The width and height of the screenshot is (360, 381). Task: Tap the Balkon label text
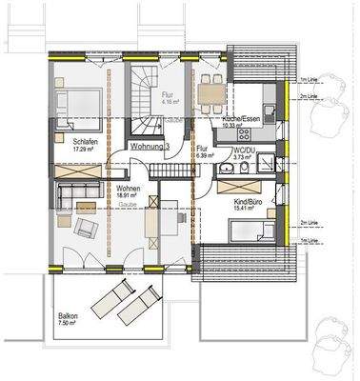pos(68,315)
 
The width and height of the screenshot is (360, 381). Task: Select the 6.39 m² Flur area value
pos(204,156)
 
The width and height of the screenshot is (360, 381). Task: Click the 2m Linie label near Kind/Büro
pos(310,223)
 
